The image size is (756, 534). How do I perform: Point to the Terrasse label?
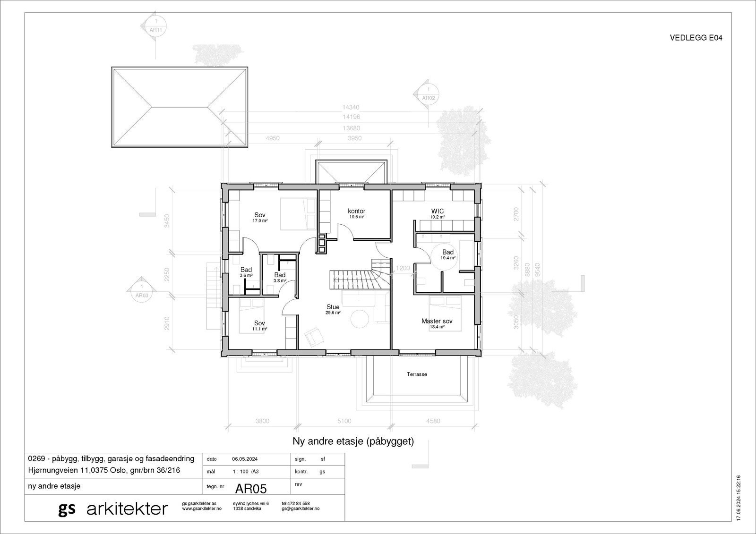tap(417, 374)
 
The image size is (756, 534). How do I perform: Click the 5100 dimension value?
tap(344, 421)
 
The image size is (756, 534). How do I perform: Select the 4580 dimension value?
tap(433, 421)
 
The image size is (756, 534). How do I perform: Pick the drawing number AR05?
tap(251, 487)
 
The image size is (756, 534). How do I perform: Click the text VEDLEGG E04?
tap(696, 38)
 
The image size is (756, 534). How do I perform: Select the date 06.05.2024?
tap(245, 459)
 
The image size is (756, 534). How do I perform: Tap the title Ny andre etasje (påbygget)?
tap(353, 442)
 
